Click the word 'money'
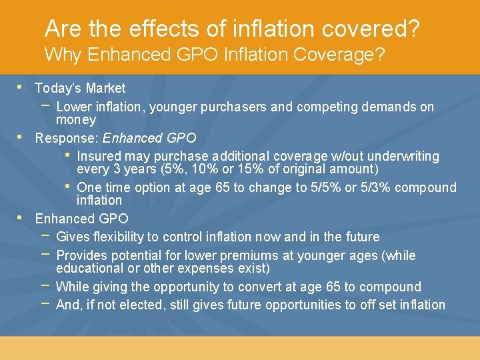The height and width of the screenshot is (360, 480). pyautogui.click(x=76, y=121)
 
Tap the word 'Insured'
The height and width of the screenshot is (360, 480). pyautogui.click(x=99, y=157)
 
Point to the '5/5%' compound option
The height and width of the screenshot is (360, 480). pyautogui.click(x=323, y=188)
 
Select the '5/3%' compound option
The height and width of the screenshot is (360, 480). pyautogui.click(x=377, y=188)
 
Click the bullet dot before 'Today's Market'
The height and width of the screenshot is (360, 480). pyautogui.click(x=20, y=87)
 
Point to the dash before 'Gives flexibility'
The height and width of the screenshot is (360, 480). pyautogui.click(x=45, y=236)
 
